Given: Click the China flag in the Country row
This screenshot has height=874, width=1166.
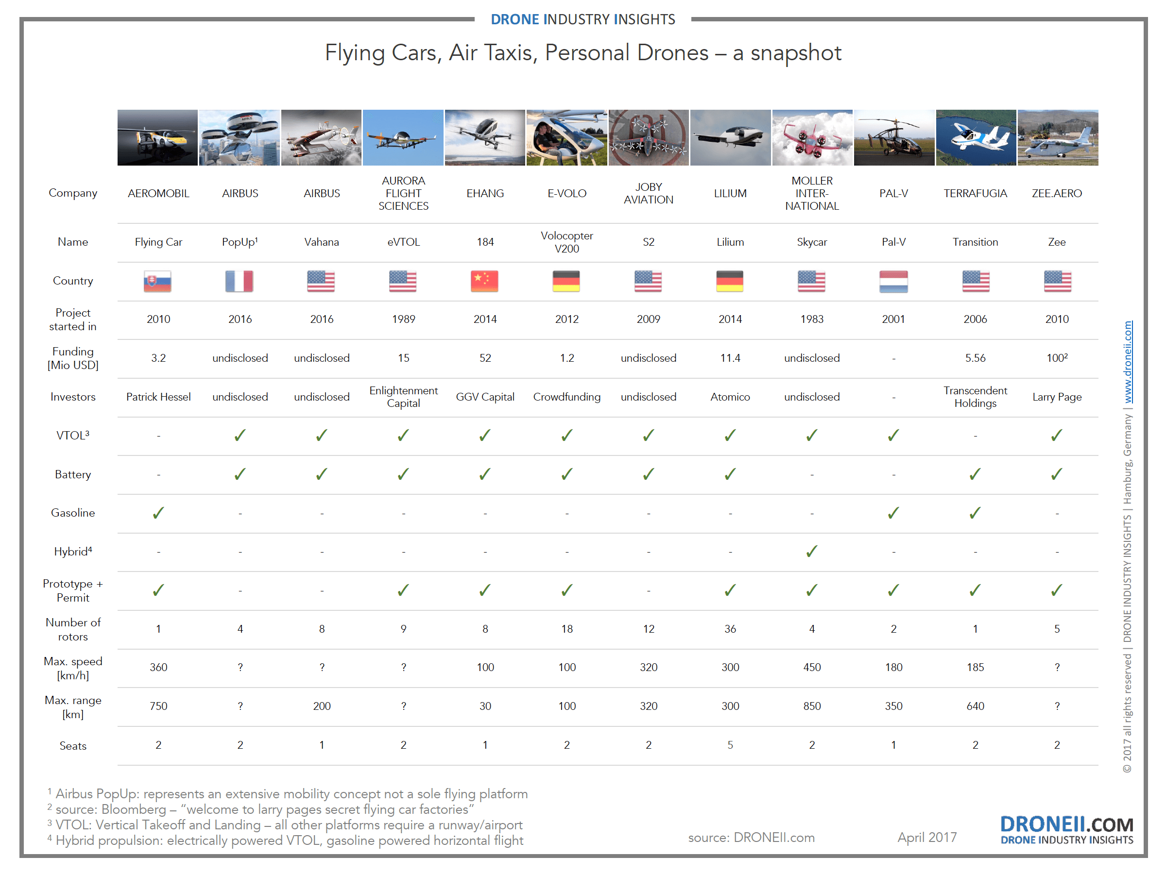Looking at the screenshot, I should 484,281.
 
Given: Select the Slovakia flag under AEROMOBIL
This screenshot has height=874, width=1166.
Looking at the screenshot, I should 157,281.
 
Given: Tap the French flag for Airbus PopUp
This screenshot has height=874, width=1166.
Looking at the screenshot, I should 240,281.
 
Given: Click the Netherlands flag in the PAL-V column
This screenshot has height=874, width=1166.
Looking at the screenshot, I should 893,281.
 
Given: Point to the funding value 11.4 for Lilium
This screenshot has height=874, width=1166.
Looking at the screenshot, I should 730,358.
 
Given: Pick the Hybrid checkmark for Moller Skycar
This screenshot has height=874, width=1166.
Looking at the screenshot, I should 812,551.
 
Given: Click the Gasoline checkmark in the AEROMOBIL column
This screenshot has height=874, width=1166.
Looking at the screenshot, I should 158,513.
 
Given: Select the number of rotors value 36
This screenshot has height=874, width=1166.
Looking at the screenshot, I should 730,628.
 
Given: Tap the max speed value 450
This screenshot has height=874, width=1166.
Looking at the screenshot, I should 812,667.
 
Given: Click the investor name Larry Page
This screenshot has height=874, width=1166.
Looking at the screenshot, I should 1057,397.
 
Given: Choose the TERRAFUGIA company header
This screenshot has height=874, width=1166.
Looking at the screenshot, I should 975,193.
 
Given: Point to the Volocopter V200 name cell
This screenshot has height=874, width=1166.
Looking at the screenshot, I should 566,242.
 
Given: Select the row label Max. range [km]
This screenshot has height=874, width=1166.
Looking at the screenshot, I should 73,707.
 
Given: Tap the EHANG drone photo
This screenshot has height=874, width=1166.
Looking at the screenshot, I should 484,137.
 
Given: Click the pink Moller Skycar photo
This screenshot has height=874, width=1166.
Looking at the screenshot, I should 812,137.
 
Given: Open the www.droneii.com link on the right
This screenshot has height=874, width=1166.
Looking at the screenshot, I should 1128,362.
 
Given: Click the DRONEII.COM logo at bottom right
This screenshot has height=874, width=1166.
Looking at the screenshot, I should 1066,829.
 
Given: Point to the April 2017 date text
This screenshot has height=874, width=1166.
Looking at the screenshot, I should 926,837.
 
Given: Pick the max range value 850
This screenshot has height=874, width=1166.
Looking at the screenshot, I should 812,706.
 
